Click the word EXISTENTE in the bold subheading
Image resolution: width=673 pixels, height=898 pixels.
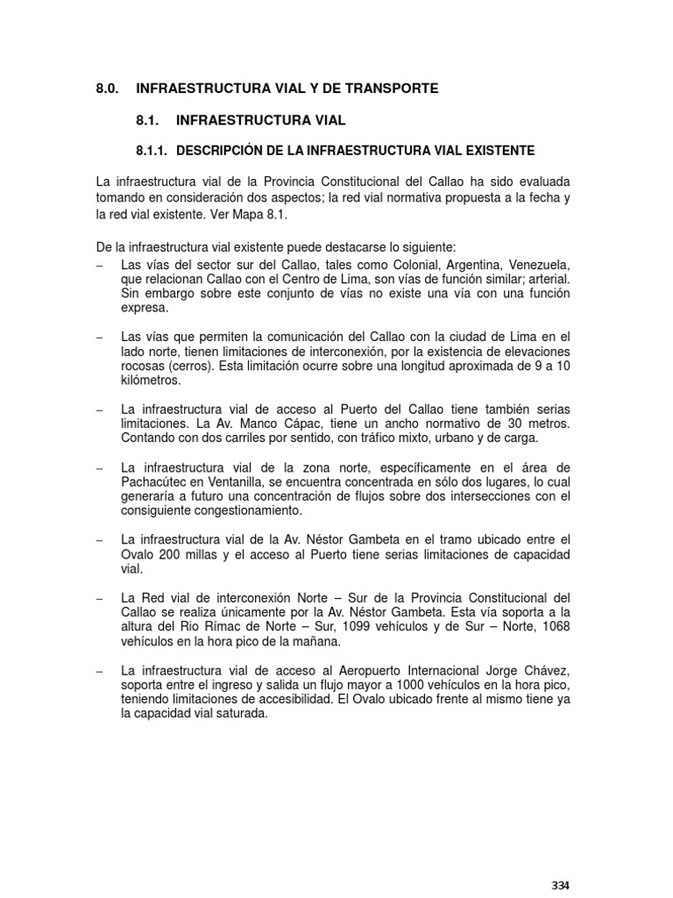[491, 150]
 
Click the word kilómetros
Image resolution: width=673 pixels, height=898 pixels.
[150, 382]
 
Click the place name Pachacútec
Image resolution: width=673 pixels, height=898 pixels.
[157, 481]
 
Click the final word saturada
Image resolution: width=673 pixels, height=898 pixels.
[239, 714]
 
